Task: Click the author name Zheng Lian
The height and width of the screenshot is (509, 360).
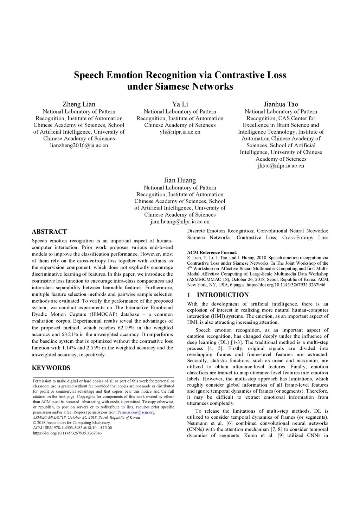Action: [x=79, y=104]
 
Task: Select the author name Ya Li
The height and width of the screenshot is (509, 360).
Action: [x=180, y=104]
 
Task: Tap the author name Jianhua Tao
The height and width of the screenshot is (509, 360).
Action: [x=281, y=104]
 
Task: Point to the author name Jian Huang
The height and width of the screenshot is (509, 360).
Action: [x=180, y=180]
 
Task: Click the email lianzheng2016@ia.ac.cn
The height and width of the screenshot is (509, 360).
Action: [x=79, y=145]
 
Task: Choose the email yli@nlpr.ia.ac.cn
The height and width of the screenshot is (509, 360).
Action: [x=180, y=132]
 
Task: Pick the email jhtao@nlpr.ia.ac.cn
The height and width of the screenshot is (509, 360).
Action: [x=281, y=166]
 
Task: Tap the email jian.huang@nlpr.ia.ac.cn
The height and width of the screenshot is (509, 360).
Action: [x=180, y=221]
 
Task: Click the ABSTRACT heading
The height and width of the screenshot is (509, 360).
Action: [x=49, y=232]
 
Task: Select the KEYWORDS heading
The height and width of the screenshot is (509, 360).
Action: [x=51, y=368]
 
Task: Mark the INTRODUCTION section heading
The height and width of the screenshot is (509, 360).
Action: [x=223, y=295]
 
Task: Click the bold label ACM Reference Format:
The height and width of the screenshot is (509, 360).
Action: [x=212, y=252]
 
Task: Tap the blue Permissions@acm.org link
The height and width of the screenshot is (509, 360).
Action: [x=136, y=412]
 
